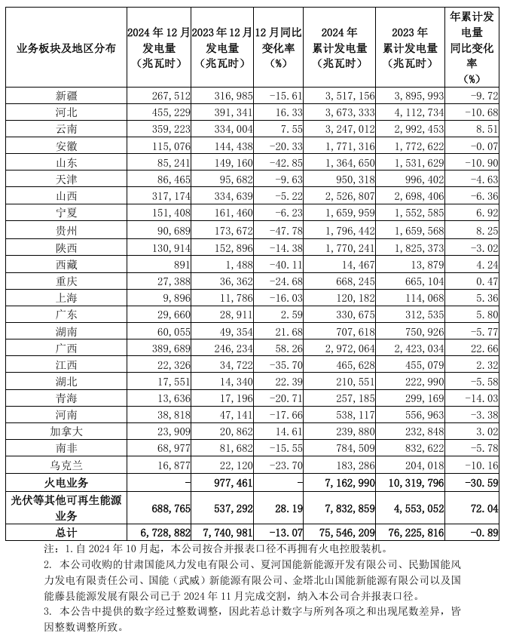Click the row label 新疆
click(66, 95)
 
